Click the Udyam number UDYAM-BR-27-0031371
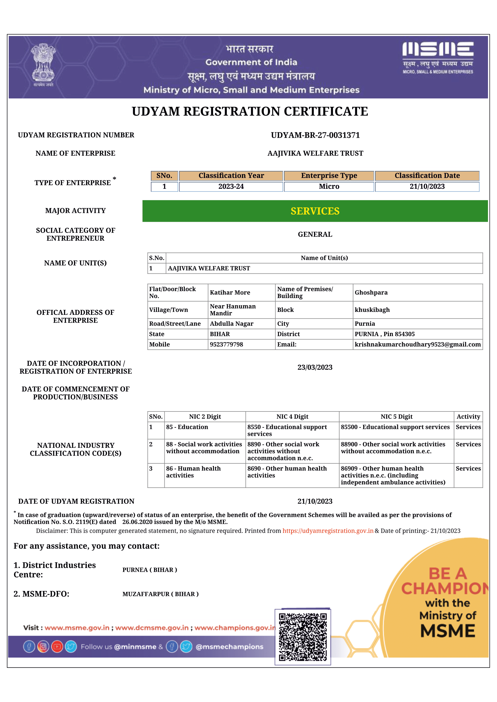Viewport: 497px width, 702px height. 315,135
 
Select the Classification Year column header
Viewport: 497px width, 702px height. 231,176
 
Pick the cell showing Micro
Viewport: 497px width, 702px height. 329,186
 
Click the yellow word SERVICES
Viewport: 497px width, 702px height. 315,211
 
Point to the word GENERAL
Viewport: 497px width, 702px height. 315,234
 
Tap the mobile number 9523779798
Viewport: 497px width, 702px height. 227,344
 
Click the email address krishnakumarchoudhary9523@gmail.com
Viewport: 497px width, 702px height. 417,344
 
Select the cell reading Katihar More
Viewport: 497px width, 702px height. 230,293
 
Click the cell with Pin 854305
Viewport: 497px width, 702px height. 385,334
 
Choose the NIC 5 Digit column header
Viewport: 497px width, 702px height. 396,417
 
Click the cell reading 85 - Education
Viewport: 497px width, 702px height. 187,427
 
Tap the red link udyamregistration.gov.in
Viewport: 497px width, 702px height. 328,531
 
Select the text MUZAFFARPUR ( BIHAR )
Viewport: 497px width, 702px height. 160,594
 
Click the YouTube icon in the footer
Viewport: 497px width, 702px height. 57,647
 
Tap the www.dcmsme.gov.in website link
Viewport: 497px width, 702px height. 152,628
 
